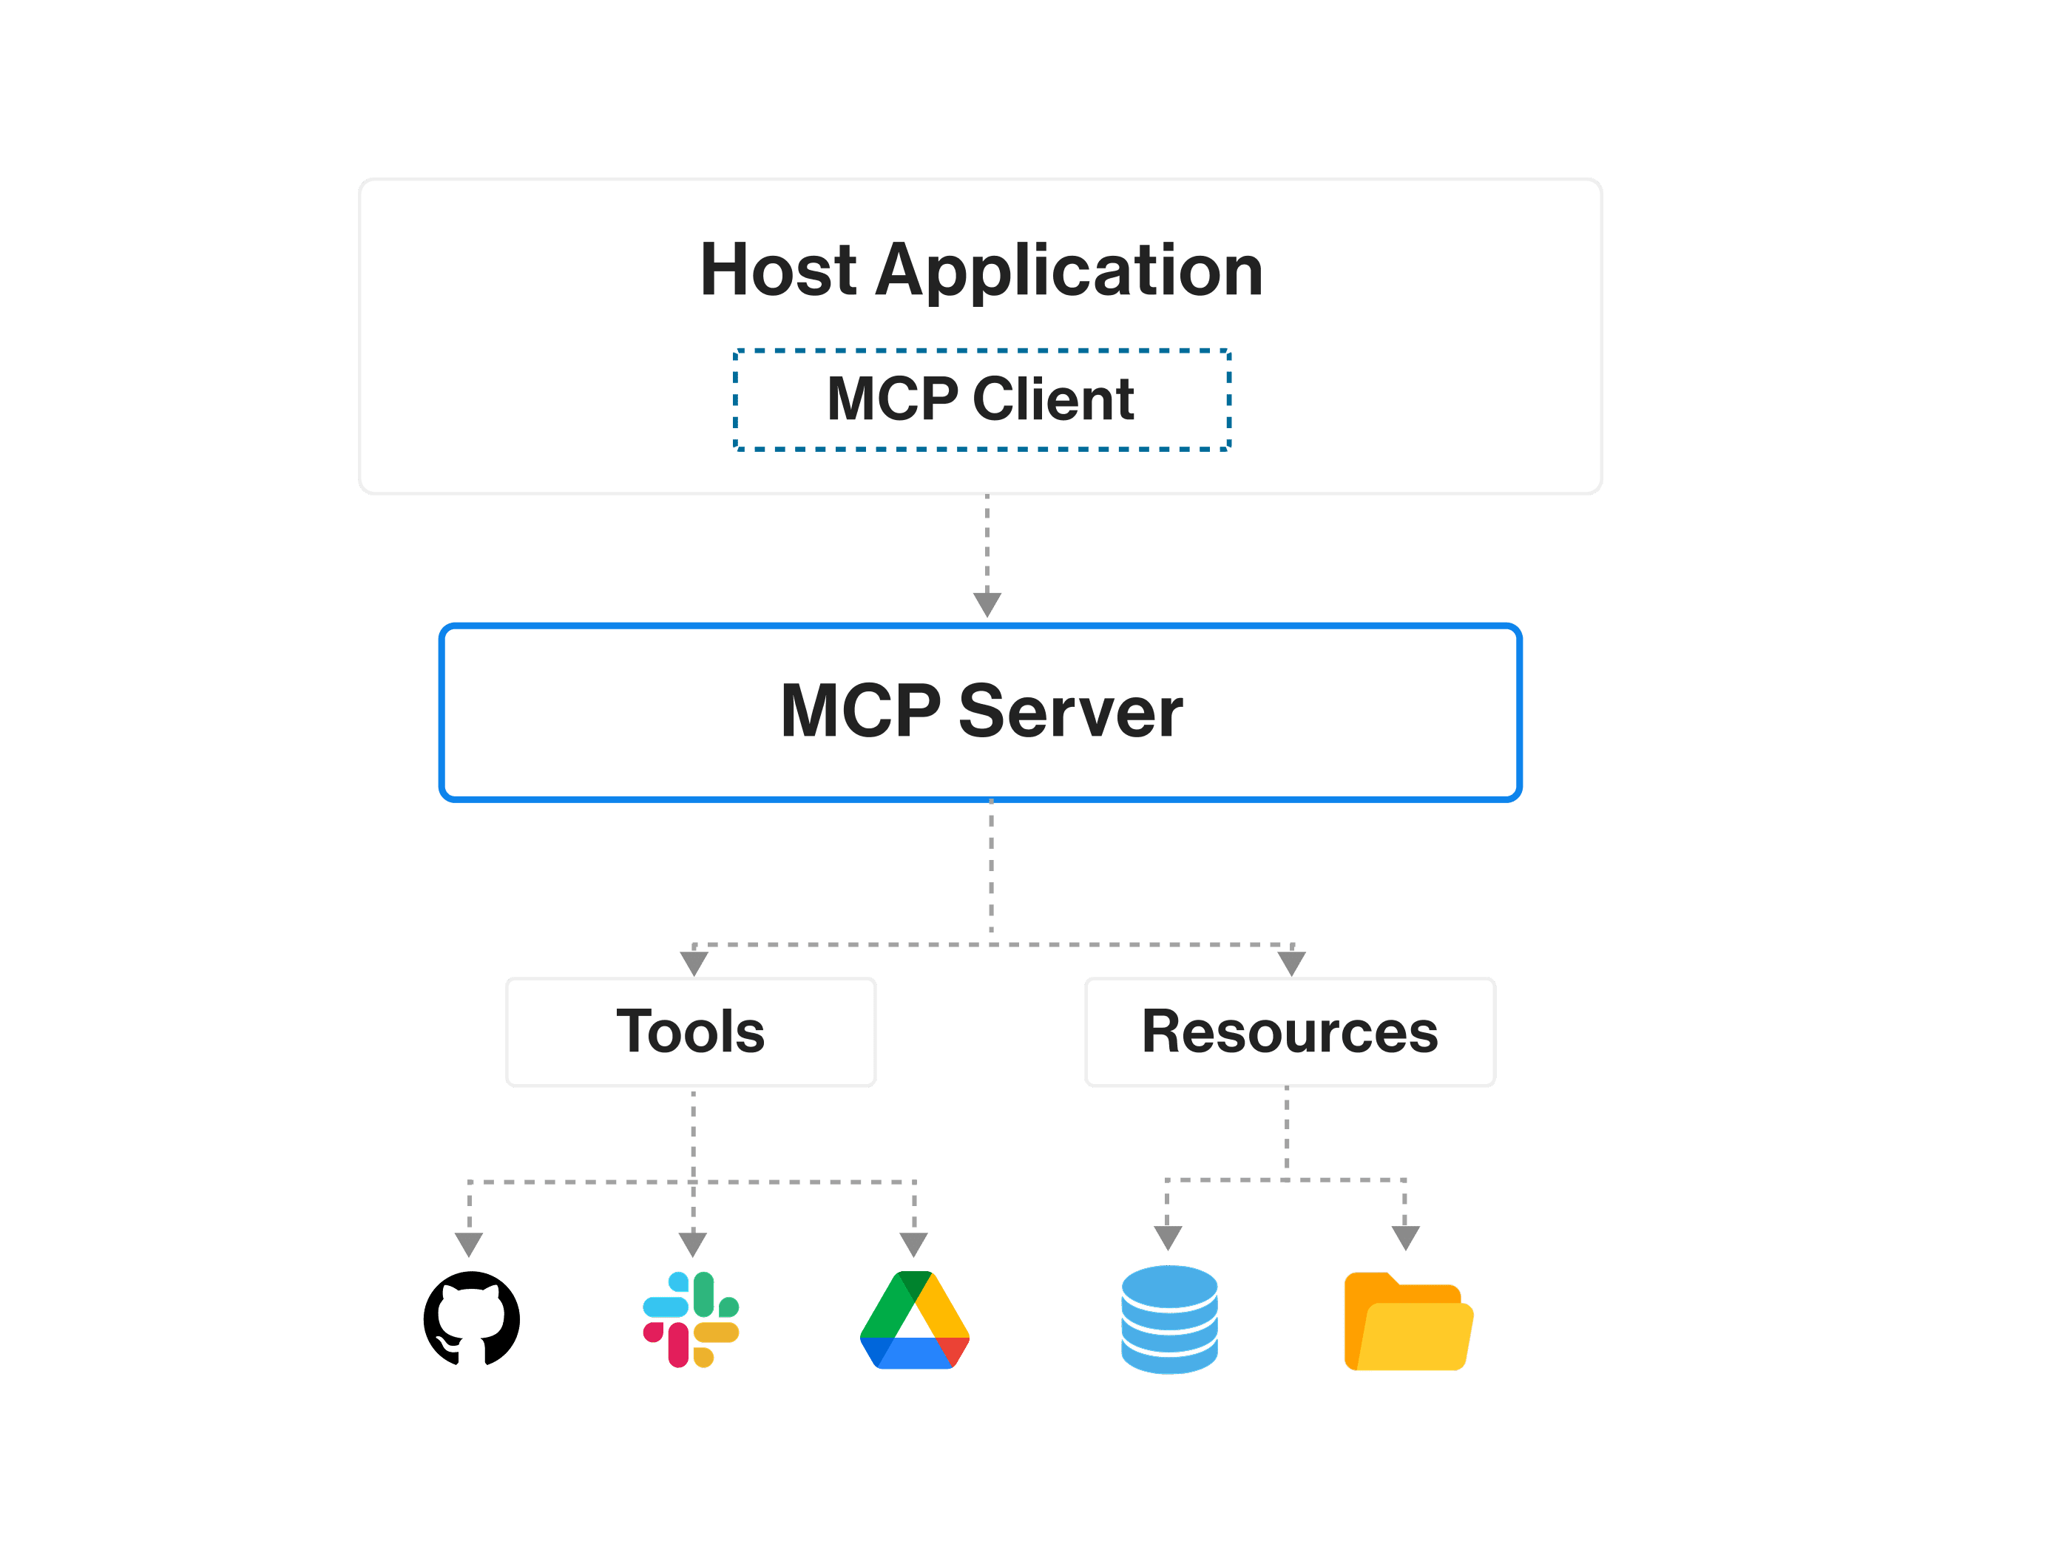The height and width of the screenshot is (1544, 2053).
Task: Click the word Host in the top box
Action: pyautogui.click(x=778, y=270)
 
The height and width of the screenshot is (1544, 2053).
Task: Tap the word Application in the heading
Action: pyautogui.click(x=1069, y=270)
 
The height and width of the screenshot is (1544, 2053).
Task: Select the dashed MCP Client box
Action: pyautogui.click(x=982, y=400)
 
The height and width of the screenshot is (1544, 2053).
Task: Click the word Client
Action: pyautogui.click(x=1052, y=400)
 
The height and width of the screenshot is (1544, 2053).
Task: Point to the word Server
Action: pyautogui.click(x=1070, y=711)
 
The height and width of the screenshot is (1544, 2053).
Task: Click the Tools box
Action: pyautogui.click(x=691, y=1032)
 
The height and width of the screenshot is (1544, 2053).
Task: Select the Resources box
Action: pyautogui.click(x=1289, y=1032)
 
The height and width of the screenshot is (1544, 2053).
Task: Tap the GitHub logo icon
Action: pyautogui.click(x=472, y=1318)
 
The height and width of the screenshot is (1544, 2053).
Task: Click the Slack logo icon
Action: pyautogui.click(x=691, y=1318)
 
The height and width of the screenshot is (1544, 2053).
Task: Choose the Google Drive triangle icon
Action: pyautogui.click(x=914, y=1321)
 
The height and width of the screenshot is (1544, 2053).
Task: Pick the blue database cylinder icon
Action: pyautogui.click(x=1169, y=1318)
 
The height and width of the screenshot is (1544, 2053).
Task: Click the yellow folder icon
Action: pyautogui.click(x=1407, y=1322)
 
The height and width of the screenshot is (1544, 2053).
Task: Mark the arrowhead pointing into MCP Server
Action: pyautogui.click(x=987, y=604)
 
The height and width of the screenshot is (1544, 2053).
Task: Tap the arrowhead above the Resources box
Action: pyautogui.click(x=1292, y=963)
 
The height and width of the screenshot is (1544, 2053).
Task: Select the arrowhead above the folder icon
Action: pyautogui.click(x=1405, y=1238)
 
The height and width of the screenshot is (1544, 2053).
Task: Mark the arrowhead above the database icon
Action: pyautogui.click(x=1168, y=1238)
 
